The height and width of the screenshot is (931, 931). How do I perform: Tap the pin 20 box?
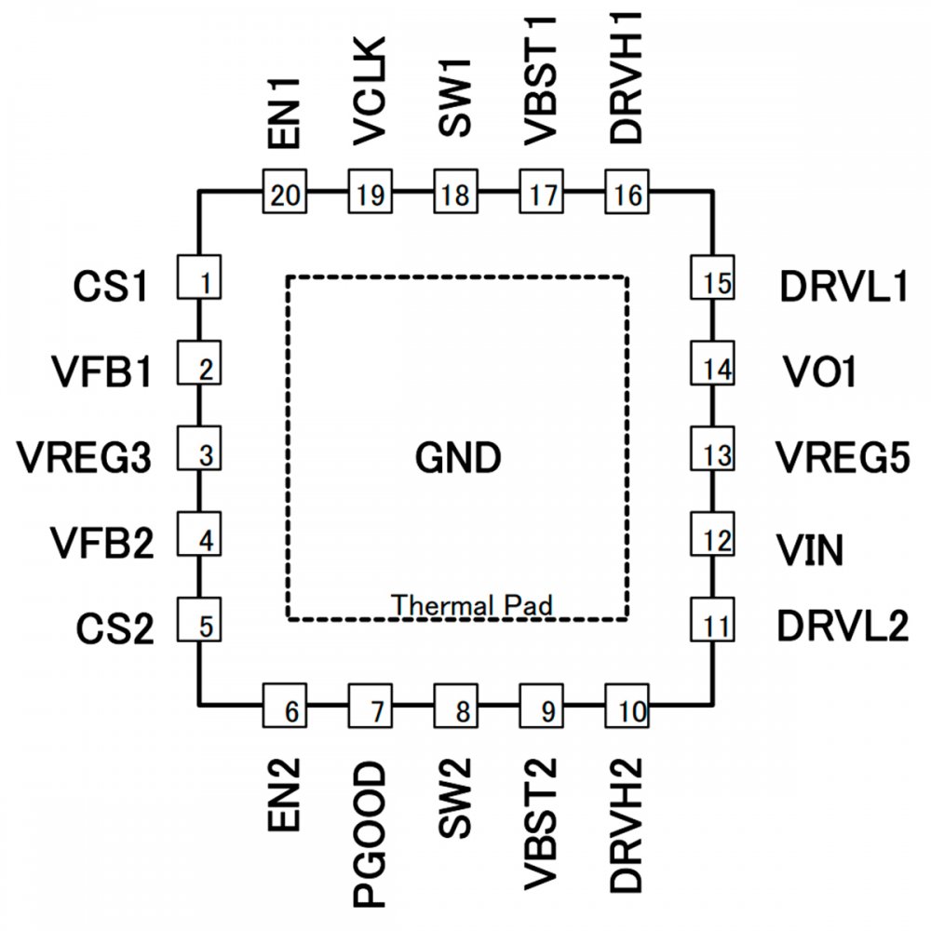[x=286, y=194]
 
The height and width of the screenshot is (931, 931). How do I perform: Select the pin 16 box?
[x=628, y=194]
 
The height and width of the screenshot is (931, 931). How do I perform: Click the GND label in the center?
[x=457, y=457]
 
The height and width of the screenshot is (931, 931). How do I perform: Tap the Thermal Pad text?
[x=472, y=604]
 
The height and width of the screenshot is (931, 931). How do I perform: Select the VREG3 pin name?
[x=85, y=457]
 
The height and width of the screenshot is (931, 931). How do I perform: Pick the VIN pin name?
[x=811, y=551]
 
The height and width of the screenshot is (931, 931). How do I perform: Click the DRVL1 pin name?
[x=843, y=288]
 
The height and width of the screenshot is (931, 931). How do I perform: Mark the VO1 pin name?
[x=816, y=373]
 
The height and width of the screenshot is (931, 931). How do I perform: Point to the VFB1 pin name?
[x=102, y=373]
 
